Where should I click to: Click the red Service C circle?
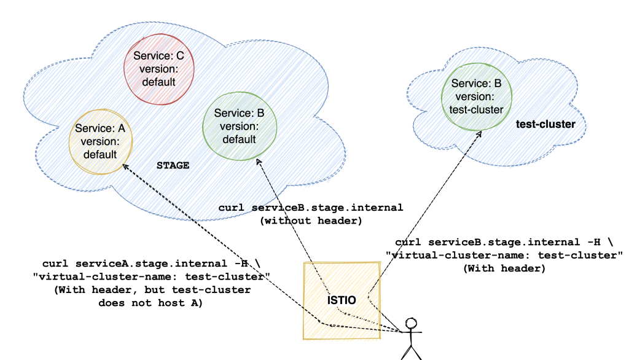159,69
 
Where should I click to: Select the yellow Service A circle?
100,141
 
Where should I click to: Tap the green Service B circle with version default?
240,126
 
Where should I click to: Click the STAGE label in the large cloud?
173,166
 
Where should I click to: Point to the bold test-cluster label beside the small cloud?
545,125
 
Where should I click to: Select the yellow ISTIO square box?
342,300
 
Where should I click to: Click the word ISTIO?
342,300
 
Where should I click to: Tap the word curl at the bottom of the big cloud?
232,208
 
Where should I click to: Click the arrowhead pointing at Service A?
125,166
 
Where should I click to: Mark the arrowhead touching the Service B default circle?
259,162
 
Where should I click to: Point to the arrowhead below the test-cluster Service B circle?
477,134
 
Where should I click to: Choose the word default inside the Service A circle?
100,154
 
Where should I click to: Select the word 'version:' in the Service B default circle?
239,127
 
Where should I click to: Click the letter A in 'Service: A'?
120,129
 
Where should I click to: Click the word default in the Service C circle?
159,82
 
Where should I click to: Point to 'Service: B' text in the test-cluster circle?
476,84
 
